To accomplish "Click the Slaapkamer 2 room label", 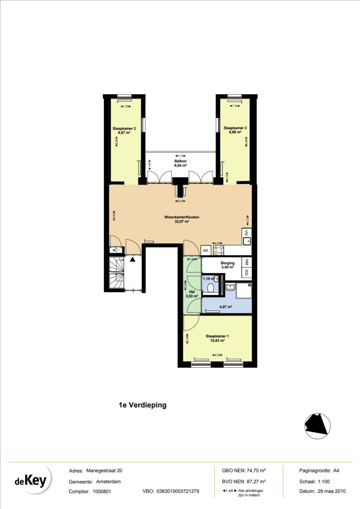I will [x=124, y=128].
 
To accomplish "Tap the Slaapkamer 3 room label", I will [x=235, y=128].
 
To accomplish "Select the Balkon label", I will [x=180, y=161].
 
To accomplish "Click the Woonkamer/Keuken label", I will [x=182, y=217].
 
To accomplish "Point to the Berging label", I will [x=228, y=263].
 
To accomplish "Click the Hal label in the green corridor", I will [x=192, y=292].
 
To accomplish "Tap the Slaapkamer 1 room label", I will [x=217, y=336].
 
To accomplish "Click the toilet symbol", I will [x=211, y=288].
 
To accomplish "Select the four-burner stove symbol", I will [x=219, y=250].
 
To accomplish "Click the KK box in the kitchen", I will [x=206, y=250].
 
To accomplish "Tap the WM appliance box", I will [x=247, y=262].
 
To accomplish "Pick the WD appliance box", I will [x=247, y=272].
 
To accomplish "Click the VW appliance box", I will [x=247, y=233].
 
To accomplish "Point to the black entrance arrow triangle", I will [x=133, y=259].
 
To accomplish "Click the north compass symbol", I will [x=318, y=426].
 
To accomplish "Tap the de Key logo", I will [x=32, y=480].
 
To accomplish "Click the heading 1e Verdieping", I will [x=143, y=405].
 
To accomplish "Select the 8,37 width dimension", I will [x=180, y=201].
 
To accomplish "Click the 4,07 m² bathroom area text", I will [x=226, y=307].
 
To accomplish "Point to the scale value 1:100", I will [x=324, y=481].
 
